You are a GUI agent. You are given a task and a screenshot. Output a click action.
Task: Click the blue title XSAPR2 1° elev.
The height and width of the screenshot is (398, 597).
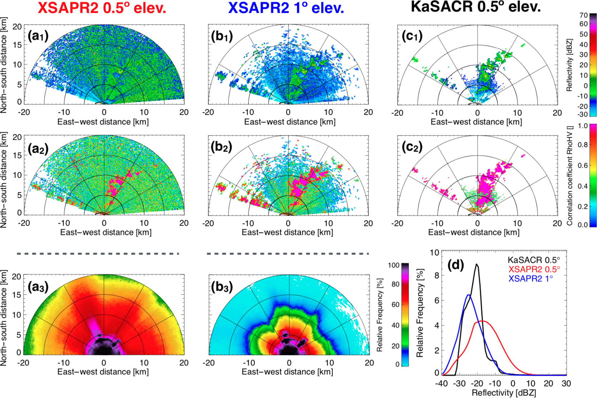pyautogui.click(x=286, y=8)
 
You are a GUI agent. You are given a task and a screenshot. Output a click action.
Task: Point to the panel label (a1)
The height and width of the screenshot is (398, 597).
pyautogui.click(x=38, y=36)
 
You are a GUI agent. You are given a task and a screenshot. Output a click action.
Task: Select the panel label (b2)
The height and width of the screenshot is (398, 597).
pyautogui.click(x=222, y=147)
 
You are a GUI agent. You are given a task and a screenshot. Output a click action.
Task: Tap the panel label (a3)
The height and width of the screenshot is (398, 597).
pyautogui.click(x=38, y=287)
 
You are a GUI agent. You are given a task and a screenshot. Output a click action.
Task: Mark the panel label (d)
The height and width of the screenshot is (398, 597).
pyautogui.click(x=456, y=265)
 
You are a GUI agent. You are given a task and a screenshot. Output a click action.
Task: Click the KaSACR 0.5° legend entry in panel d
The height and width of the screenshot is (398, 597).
pyautogui.click(x=534, y=260)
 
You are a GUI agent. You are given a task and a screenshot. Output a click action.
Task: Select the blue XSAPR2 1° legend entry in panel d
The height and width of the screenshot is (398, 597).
pyautogui.click(x=531, y=279)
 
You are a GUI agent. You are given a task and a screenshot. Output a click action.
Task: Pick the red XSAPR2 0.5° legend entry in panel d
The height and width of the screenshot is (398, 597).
pyautogui.click(x=534, y=269)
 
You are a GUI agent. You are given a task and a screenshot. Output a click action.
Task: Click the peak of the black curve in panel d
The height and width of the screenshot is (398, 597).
pyautogui.click(x=477, y=265)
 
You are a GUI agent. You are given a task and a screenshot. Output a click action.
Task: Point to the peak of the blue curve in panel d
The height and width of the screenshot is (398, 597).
pyautogui.click(x=468, y=295)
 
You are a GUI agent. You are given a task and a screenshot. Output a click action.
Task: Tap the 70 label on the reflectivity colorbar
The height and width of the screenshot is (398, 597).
pyautogui.click(x=583, y=15)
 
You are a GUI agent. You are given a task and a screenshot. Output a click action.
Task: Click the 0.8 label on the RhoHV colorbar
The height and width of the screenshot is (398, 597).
pyautogui.click(x=582, y=145)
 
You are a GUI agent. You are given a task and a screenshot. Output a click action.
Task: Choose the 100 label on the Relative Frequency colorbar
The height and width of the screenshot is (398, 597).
pyautogui.click(x=393, y=265)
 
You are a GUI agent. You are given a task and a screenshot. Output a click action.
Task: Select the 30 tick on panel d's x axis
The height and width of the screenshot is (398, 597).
pyautogui.click(x=566, y=384)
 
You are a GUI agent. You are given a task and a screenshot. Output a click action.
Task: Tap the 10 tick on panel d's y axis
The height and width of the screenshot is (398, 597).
pyautogui.click(x=434, y=252)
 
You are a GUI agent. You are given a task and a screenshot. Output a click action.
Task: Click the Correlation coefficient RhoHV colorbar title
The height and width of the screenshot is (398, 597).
pyautogui.click(x=570, y=175)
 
